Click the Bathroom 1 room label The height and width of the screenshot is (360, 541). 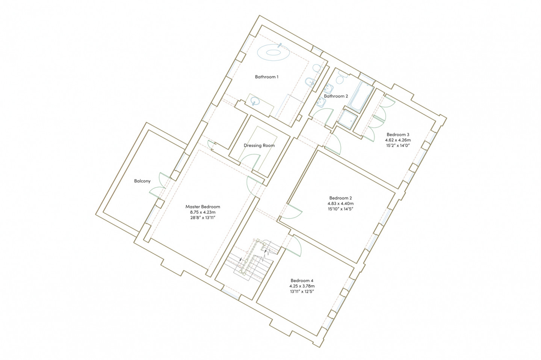[x=267, y=77]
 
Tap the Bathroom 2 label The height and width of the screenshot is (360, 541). [x=336, y=96]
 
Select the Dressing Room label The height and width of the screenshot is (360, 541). [x=259, y=145]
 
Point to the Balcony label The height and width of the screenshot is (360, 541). [x=142, y=181]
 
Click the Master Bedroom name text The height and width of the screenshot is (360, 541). [x=202, y=207]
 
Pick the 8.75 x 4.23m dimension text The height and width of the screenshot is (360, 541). [x=202, y=212]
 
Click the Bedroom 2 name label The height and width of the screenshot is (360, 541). [x=340, y=198]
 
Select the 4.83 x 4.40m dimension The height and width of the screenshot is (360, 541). [x=340, y=203]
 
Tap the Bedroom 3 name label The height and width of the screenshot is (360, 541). [x=398, y=135]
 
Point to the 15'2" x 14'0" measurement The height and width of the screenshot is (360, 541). [x=398, y=145]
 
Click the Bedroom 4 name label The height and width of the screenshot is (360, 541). [x=302, y=280]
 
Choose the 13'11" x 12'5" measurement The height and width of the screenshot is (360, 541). [x=302, y=291]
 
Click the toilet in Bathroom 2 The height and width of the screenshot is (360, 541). [x=341, y=77]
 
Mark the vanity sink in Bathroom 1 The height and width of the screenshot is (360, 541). [x=255, y=101]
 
